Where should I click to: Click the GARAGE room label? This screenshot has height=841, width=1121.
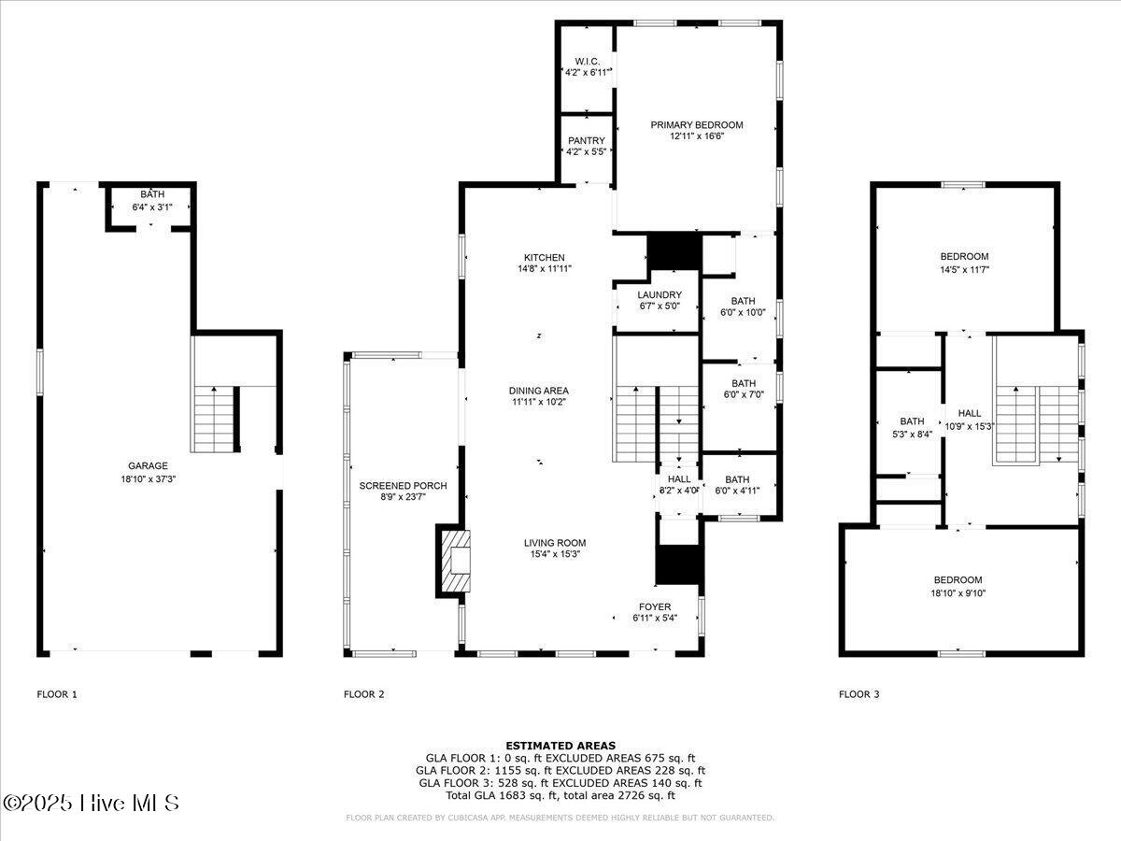point(148,465)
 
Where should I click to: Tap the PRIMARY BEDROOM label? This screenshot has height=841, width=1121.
point(697,125)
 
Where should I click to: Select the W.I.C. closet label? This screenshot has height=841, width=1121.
point(587,62)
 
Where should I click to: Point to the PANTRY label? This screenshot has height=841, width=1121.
point(587,141)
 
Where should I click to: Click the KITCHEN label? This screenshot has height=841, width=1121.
point(544,258)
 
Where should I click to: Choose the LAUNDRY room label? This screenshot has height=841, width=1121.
point(660,295)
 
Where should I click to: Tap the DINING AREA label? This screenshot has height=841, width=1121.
point(538,391)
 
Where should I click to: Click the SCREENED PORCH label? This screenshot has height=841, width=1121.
point(403,486)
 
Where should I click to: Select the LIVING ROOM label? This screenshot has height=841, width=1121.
point(554,543)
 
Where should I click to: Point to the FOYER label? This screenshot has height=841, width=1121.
point(655,607)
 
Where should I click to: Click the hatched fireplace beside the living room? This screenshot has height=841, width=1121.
point(455,561)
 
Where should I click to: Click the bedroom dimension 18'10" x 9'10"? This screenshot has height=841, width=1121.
point(958,592)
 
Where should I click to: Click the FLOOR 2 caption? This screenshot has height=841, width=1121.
point(363,694)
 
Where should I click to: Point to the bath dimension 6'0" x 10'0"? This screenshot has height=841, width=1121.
point(743,313)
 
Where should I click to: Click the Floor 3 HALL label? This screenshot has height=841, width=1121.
point(970,413)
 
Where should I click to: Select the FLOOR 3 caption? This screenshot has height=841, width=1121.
point(858,694)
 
